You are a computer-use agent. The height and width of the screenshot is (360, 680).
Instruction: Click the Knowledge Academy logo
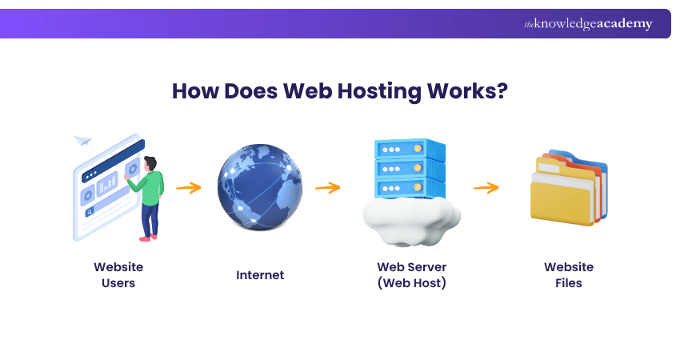588,24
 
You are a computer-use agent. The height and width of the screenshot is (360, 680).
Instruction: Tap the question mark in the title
502,91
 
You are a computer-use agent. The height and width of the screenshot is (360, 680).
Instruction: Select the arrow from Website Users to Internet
189,188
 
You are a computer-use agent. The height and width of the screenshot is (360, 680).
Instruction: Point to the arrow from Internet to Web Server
328,188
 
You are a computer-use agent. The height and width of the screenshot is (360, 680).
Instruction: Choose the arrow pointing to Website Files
486,188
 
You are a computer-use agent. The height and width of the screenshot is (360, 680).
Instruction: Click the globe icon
260,187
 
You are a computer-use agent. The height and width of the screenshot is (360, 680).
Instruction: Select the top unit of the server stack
409,150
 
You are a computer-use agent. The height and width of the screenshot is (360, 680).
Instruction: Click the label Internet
260,275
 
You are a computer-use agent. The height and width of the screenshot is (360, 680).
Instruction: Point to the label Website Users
118,275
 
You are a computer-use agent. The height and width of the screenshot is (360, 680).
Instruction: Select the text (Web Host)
410,283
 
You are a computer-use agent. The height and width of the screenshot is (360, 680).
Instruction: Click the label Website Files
569,275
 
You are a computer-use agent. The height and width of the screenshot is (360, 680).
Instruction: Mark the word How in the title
198,91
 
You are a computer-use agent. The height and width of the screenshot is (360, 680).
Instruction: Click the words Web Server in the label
410,267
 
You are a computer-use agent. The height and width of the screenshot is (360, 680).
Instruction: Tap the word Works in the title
463,91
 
